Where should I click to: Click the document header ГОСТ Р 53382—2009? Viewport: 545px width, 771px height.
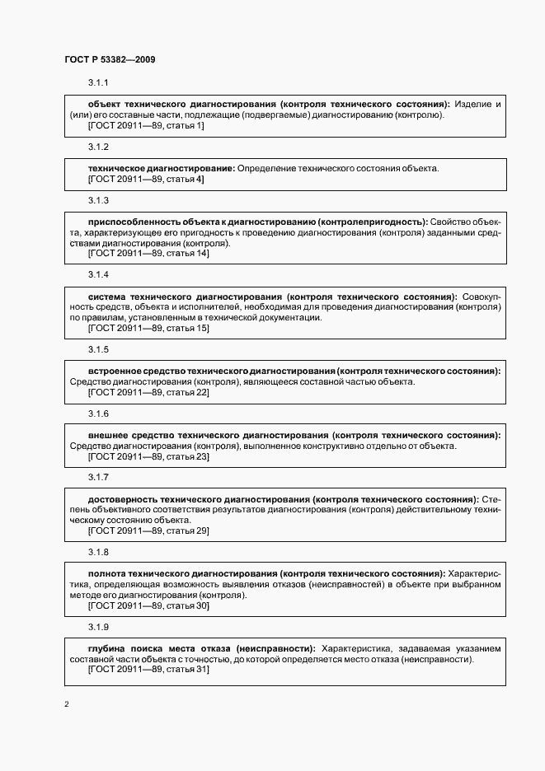(x=110, y=59)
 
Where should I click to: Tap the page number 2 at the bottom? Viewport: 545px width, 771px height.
(x=67, y=704)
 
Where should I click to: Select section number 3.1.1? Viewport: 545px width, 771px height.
(x=98, y=83)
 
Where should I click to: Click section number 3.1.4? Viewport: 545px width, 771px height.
(x=98, y=275)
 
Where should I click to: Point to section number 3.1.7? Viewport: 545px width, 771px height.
(x=98, y=478)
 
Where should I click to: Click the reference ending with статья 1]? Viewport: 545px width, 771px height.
(x=145, y=126)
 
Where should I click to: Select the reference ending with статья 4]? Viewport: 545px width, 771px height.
(x=145, y=179)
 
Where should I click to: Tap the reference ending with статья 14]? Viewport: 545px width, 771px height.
(x=148, y=254)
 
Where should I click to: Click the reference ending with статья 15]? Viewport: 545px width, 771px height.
(x=148, y=329)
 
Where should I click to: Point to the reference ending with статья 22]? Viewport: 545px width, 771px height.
(x=148, y=392)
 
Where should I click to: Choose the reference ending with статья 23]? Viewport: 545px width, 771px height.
(x=148, y=456)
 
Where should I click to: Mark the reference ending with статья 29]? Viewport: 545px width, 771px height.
(x=148, y=530)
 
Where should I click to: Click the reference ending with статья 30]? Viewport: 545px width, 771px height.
(x=148, y=605)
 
